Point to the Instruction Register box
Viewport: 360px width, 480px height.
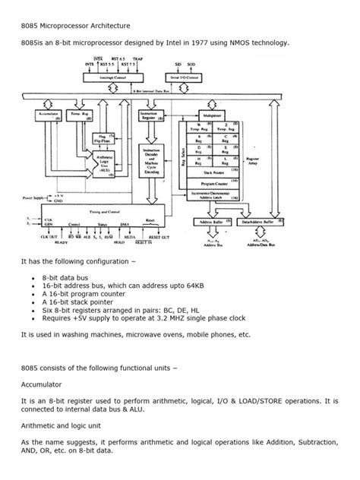click(149, 113)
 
